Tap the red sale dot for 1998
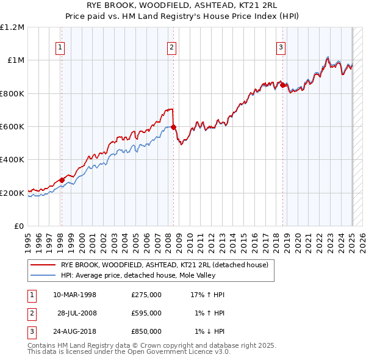tap(62, 181)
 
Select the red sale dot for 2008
tap(173, 128)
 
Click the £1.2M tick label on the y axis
tap(12, 27)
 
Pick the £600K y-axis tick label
tap(12, 127)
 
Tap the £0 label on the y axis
tap(18, 226)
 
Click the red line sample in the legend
tap(43, 265)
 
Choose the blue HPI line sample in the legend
tap(43, 275)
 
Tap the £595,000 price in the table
tap(146, 313)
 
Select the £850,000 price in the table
tap(146, 331)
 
